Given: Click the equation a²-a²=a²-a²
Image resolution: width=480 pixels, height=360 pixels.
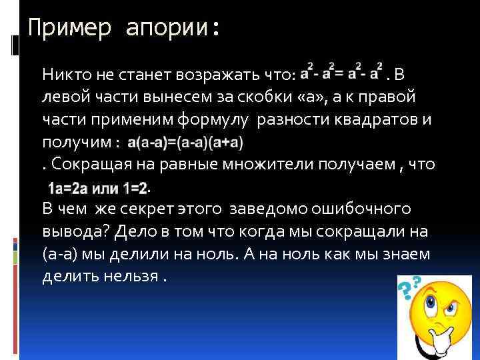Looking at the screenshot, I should coord(342,71).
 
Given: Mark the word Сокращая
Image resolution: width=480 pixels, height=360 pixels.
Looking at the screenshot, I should coord(83,165).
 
